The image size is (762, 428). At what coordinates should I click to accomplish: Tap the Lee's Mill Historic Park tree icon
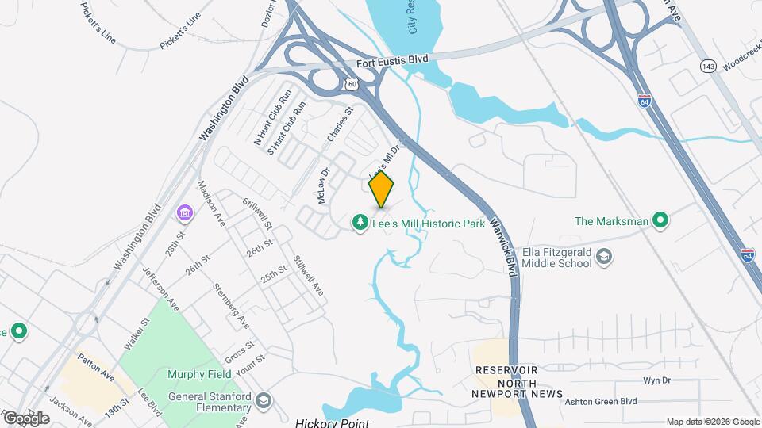(x=360, y=224)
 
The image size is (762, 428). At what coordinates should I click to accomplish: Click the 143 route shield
(x=706, y=65)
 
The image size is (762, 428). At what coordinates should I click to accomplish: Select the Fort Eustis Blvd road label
(x=392, y=60)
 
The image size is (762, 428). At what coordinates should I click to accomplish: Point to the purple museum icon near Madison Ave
(x=185, y=212)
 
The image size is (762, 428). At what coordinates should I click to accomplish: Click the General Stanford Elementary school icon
(x=264, y=401)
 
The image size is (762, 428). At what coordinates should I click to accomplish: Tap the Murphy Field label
(x=199, y=374)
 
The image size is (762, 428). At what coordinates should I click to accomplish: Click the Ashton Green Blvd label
(x=601, y=402)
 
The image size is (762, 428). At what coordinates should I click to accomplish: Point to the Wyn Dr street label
(x=656, y=380)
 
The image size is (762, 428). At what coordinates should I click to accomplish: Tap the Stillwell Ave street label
(x=308, y=275)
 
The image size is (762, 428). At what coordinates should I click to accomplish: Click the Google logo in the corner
(x=25, y=418)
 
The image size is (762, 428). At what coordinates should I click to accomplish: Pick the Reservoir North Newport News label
(x=517, y=382)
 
